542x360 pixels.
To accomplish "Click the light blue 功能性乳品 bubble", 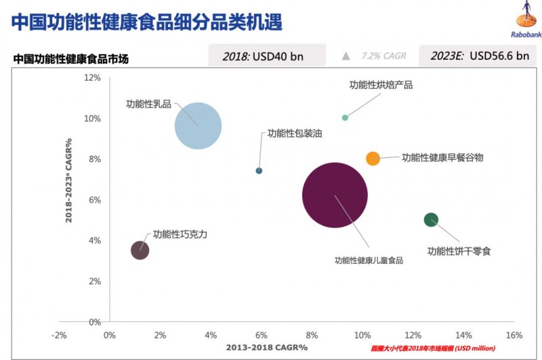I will pyautogui.click(x=198, y=125).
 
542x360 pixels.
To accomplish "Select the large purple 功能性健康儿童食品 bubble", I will pyautogui.click(x=334, y=195).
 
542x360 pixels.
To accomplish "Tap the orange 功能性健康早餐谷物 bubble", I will pyautogui.click(x=373, y=158).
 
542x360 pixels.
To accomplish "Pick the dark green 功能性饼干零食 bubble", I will pyautogui.click(x=431, y=220).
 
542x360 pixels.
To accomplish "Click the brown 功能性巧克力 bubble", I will pyautogui.click(x=140, y=250).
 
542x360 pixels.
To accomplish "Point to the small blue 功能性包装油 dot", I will pyautogui.click(x=259, y=171).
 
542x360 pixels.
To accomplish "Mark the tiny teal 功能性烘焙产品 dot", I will pyautogui.click(x=345, y=117).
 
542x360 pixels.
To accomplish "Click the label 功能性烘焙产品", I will pyautogui.click(x=381, y=85).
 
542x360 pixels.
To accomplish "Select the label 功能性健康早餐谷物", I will pyautogui.click(x=442, y=158).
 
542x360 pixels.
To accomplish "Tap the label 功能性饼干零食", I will pyautogui.click(x=459, y=251).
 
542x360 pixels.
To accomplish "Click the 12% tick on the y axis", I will pyautogui.click(x=92, y=78).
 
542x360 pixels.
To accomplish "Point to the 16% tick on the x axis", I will pyautogui.click(x=514, y=335).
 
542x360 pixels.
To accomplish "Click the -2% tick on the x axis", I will pyautogui.click(x=59, y=335).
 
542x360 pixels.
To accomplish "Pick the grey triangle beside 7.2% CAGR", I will pyautogui.click(x=346, y=56).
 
